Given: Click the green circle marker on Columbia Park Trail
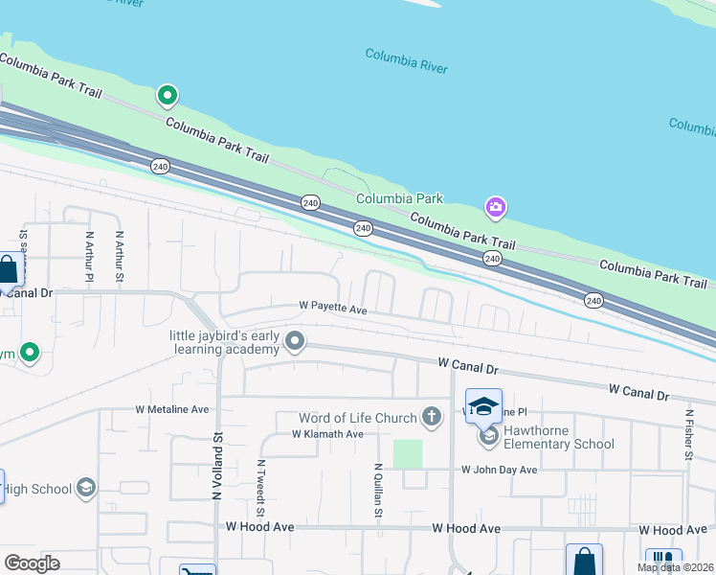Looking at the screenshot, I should [168, 95].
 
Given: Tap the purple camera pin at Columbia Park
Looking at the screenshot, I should [495, 207].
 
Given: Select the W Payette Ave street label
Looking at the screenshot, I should [333, 308].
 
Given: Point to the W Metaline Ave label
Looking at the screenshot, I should [172, 409].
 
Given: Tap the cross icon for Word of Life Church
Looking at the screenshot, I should [433, 417].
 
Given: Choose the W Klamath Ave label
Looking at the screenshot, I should [327, 434].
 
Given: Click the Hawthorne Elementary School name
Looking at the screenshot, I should [559, 437].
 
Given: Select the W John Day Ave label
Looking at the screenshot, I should [499, 470].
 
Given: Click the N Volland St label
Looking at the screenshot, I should [217, 462].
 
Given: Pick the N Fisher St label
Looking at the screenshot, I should [688, 436].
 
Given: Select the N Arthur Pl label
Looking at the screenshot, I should [88, 256].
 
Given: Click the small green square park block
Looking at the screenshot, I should [408, 454].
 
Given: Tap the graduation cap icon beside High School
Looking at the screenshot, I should [86, 489].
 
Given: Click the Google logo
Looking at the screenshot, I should [32, 563].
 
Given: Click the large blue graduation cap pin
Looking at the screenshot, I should [484, 405].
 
